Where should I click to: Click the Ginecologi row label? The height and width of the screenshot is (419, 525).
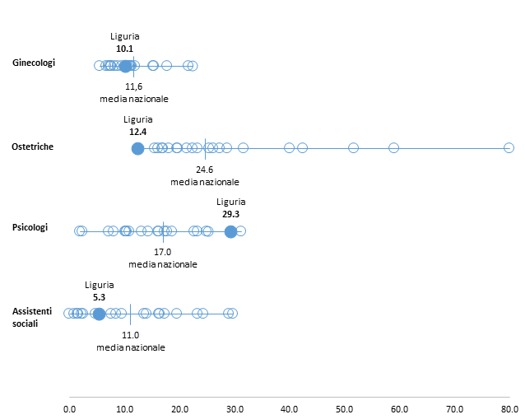pyautogui.click(x=34, y=63)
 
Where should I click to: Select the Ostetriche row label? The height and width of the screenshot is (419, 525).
pyautogui.click(x=33, y=147)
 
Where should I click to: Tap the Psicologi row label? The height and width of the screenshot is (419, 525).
pyautogui.click(x=30, y=227)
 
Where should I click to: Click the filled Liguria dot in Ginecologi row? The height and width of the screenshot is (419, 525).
pyautogui.click(x=125, y=66)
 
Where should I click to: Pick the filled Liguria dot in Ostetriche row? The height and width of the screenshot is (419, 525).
pyautogui.click(x=137, y=148)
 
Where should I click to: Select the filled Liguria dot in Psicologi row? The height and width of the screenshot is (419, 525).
pyautogui.click(x=230, y=230)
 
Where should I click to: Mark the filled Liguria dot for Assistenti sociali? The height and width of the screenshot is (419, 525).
pyautogui.click(x=99, y=314)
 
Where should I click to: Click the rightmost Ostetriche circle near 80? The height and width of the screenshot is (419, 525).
pyautogui.click(x=509, y=147)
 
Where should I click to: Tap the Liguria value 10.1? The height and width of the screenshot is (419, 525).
pyautogui.click(x=125, y=49)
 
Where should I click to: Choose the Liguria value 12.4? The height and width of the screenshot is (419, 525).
pyautogui.click(x=137, y=132)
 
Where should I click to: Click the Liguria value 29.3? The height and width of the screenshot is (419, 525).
pyautogui.click(x=230, y=213)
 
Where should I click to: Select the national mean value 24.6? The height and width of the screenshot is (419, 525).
pyautogui.click(x=205, y=170)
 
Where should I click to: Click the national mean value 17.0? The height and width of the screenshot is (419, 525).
pyautogui.click(x=162, y=252)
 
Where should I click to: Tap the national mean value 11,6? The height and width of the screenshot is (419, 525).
pyautogui.click(x=134, y=86)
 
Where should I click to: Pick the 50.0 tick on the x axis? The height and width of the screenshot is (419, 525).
pyautogui.click(x=344, y=407)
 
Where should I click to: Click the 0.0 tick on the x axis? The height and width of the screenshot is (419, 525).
pyautogui.click(x=69, y=407)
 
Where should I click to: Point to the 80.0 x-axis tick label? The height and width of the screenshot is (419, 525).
pyautogui.click(x=509, y=407)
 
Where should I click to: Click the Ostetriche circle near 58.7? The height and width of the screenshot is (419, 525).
pyautogui.click(x=393, y=148)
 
